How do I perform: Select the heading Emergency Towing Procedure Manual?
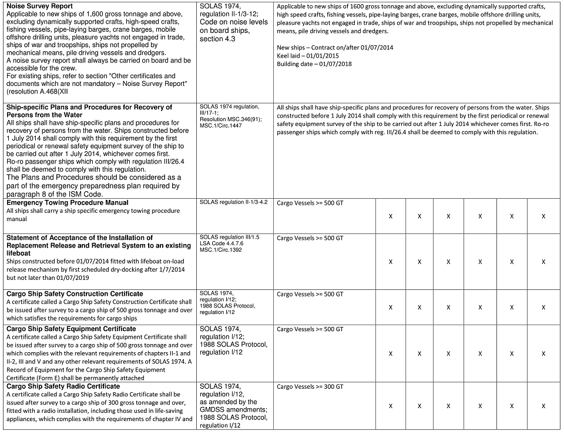click(x=68, y=202)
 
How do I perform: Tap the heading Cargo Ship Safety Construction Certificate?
click(x=75, y=293)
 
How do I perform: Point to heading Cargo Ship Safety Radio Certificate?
click(x=63, y=386)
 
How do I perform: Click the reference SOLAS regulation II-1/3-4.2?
click(x=234, y=202)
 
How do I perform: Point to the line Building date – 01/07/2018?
click(x=314, y=64)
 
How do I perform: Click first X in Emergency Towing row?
click(x=391, y=216)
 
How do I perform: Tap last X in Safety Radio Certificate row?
click(x=543, y=406)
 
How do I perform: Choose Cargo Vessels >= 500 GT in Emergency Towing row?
click(x=310, y=203)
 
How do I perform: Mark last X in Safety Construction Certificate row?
click(x=543, y=307)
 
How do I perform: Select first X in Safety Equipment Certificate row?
click(x=391, y=353)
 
